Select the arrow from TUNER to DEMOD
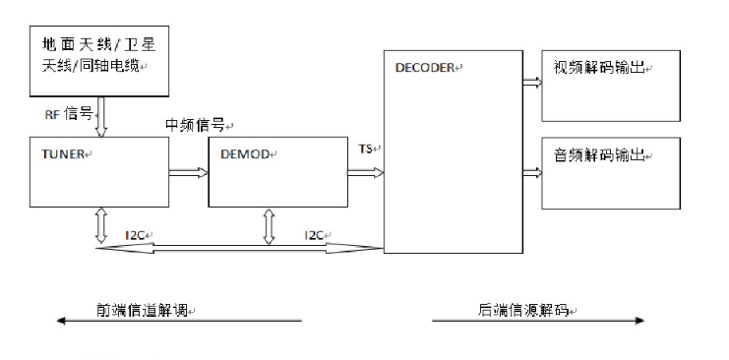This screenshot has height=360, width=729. [x=188, y=173]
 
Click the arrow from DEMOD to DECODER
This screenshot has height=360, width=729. [x=364, y=173]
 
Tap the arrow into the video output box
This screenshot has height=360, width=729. [x=530, y=84]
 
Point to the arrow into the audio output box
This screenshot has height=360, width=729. [x=530, y=173]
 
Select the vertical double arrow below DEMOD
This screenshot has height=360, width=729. [x=270, y=224]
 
